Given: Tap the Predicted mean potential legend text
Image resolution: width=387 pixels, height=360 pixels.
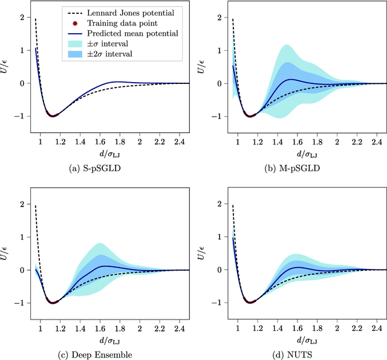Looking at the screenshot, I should (x=140, y=33).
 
